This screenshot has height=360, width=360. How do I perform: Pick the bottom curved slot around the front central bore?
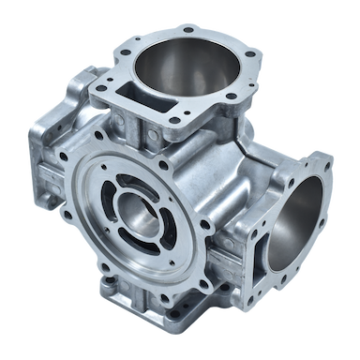148,251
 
